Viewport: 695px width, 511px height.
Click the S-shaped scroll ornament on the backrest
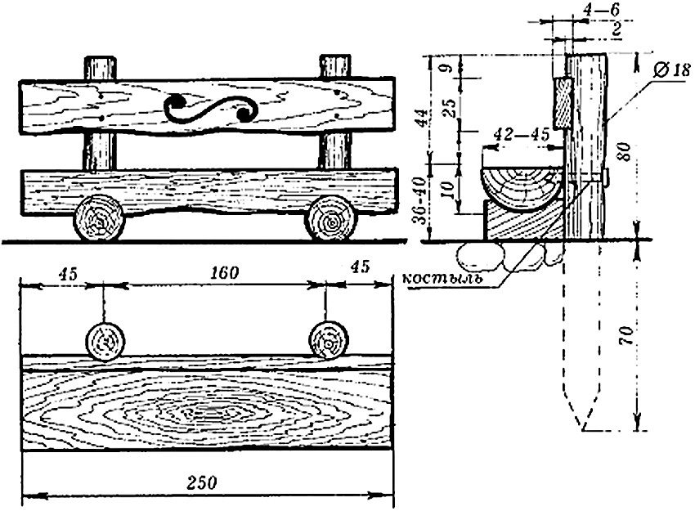pos(210,109)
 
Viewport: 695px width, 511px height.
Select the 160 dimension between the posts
pos(222,273)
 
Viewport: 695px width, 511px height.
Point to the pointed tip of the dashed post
pos(585,428)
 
